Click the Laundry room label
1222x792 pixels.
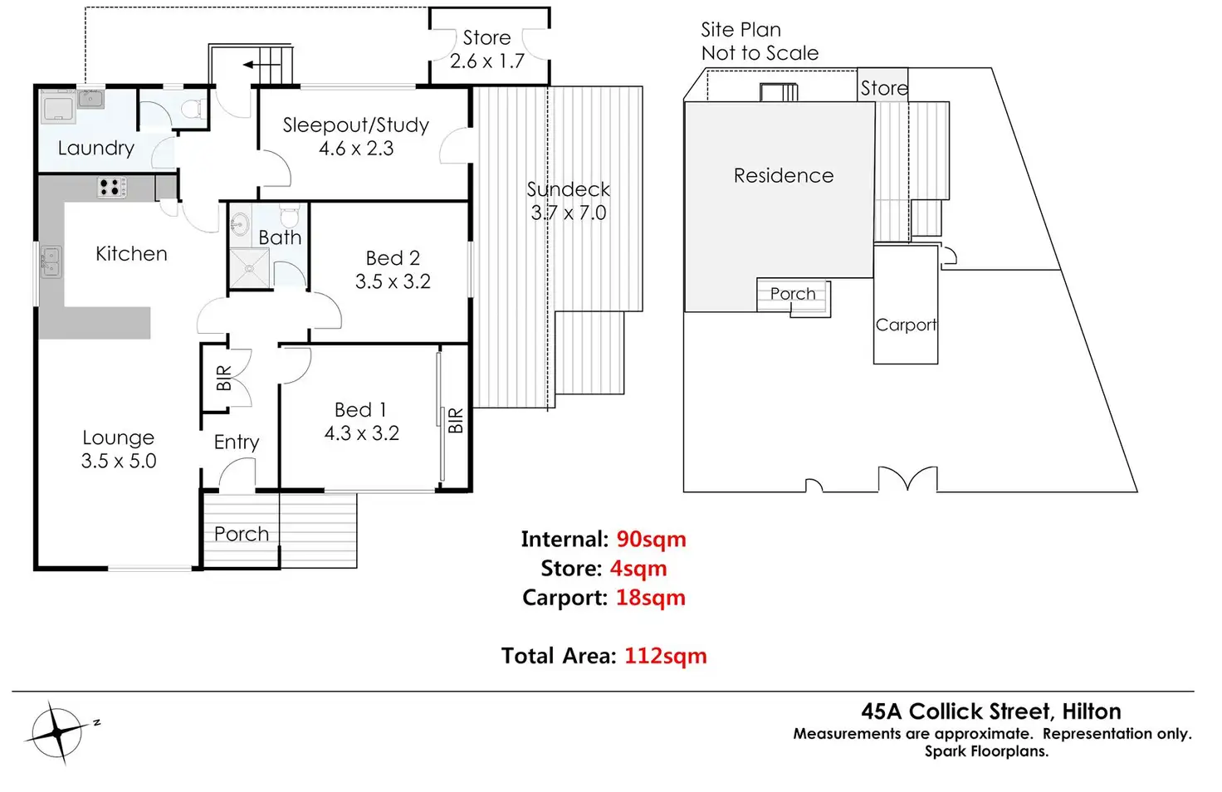click(95, 149)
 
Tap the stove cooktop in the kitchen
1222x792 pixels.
click(111, 188)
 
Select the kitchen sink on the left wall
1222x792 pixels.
click(50, 262)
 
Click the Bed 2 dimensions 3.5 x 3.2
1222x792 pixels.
click(393, 282)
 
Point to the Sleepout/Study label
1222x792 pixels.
click(355, 125)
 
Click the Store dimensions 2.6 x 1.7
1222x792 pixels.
click(487, 61)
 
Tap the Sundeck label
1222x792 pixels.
click(569, 189)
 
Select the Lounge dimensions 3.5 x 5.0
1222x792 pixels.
click(119, 462)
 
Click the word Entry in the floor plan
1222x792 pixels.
click(237, 442)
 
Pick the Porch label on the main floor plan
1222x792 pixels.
click(242, 534)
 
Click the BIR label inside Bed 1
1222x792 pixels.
click(455, 421)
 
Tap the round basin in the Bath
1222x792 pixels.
click(241, 224)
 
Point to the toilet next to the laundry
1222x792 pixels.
click(194, 110)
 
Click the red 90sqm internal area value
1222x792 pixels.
click(651, 540)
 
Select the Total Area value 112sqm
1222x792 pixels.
click(665, 657)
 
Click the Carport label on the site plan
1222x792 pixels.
click(906, 325)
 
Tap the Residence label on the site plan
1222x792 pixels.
click(783, 176)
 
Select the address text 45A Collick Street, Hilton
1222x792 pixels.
click(990, 712)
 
